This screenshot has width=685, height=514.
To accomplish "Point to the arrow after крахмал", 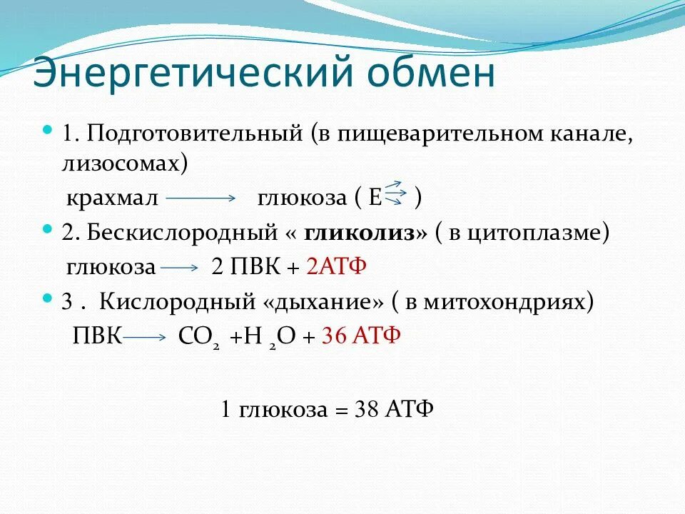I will click(201, 198).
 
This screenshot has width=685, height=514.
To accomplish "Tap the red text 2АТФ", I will click(335, 267).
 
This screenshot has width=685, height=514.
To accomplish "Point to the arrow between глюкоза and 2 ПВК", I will click(180, 268).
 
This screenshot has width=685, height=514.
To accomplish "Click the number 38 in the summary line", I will click(365, 410).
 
